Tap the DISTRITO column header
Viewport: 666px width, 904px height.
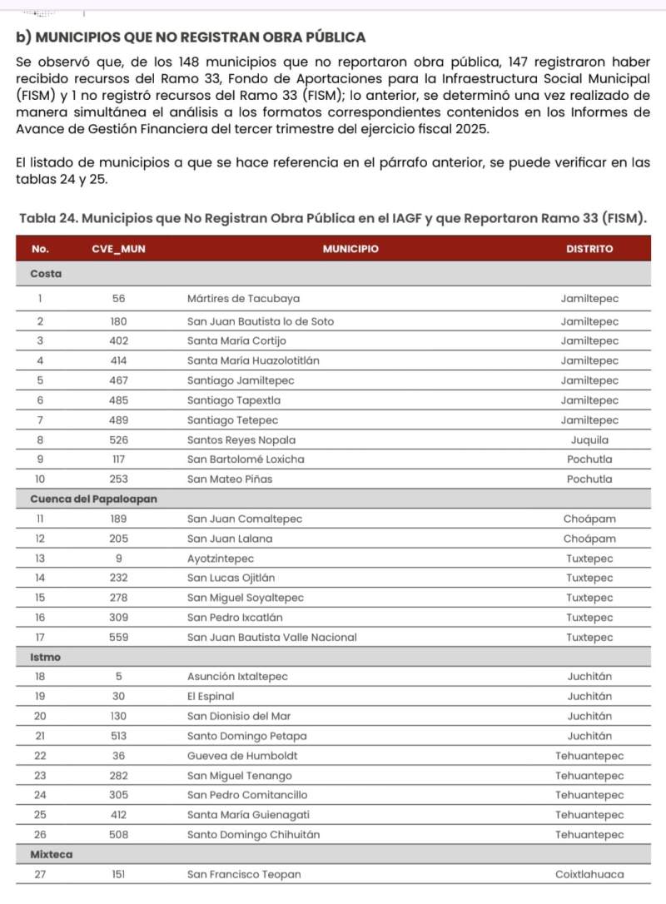click(589, 249)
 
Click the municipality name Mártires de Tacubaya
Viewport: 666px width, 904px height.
click(244, 299)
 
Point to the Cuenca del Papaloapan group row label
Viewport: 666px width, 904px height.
click(94, 499)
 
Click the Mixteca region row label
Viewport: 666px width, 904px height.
click(51, 855)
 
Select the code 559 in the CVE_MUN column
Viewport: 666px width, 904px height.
click(119, 638)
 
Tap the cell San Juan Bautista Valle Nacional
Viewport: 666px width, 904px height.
click(271, 638)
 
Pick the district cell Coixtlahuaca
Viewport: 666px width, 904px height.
click(589, 874)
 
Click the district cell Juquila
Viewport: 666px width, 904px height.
click(589, 440)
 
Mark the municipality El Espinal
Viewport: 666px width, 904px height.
click(211, 696)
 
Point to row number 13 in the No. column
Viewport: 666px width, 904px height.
click(40, 559)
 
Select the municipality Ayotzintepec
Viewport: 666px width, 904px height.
click(221, 559)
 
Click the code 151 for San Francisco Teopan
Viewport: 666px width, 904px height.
click(119, 874)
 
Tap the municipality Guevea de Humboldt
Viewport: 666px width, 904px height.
click(242, 756)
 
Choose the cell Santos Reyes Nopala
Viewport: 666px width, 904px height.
click(241, 440)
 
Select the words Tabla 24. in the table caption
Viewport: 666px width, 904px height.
click(45, 218)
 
